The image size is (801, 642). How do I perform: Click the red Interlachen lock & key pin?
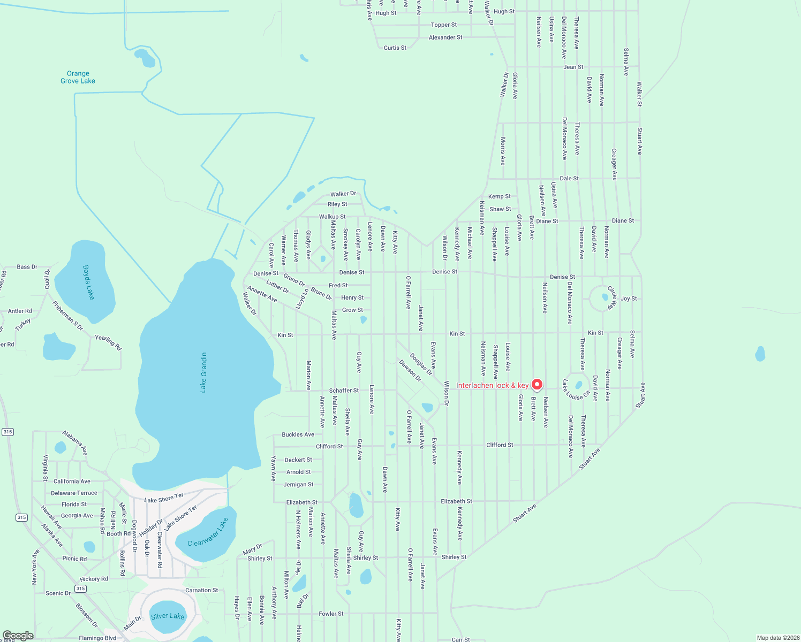click(x=536, y=384)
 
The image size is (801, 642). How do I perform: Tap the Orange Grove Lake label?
click(x=78, y=77)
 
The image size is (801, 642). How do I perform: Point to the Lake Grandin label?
click(x=203, y=372)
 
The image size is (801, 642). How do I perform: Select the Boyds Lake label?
click(x=89, y=282)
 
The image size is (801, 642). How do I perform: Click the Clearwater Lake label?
click(x=208, y=532)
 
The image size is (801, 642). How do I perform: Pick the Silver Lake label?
click(x=168, y=616)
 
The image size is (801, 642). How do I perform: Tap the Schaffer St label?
click(x=344, y=391)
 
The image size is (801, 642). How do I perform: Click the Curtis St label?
click(x=395, y=48)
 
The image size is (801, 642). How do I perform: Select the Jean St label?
click(x=573, y=67)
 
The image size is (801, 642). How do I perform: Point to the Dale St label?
click(x=569, y=178)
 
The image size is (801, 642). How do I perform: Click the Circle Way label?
click(x=611, y=298)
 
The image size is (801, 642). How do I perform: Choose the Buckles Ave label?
click(x=298, y=434)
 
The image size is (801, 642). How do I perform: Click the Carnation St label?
click(x=201, y=590)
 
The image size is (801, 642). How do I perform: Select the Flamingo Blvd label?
click(x=97, y=638)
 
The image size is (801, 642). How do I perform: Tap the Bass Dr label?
click(x=27, y=266)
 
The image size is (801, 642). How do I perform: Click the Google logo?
click(x=18, y=636)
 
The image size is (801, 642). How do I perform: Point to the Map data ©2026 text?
click(x=776, y=638)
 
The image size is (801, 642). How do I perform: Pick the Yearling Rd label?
click(x=108, y=342)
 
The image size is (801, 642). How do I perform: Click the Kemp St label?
click(x=500, y=196)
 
